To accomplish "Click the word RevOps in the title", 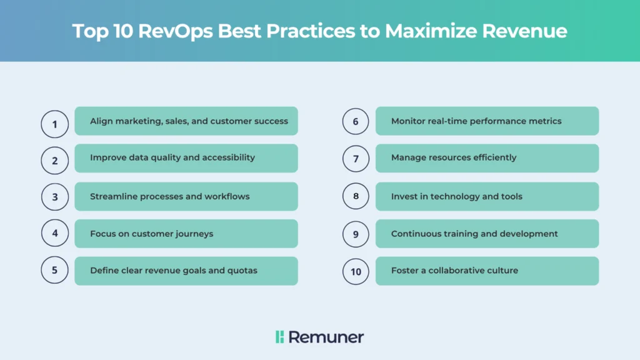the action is pyautogui.click(x=176, y=31).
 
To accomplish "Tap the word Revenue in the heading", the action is pyautogui.click(x=524, y=31).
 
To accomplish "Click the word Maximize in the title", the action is pyautogui.click(x=431, y=31).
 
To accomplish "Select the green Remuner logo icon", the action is pyautogui.click(x=279, y=337).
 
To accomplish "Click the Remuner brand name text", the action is pyautogui.click(x=326, y=337).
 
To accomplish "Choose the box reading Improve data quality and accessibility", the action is pyautogui.click(x=186, y=158).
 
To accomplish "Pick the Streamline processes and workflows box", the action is pyautogui.click(x=186, y=196).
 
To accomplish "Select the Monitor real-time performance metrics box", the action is pyautogui.click(x=487, y=121).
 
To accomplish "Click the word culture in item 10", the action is pyautogui.click(x=505, y=270).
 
